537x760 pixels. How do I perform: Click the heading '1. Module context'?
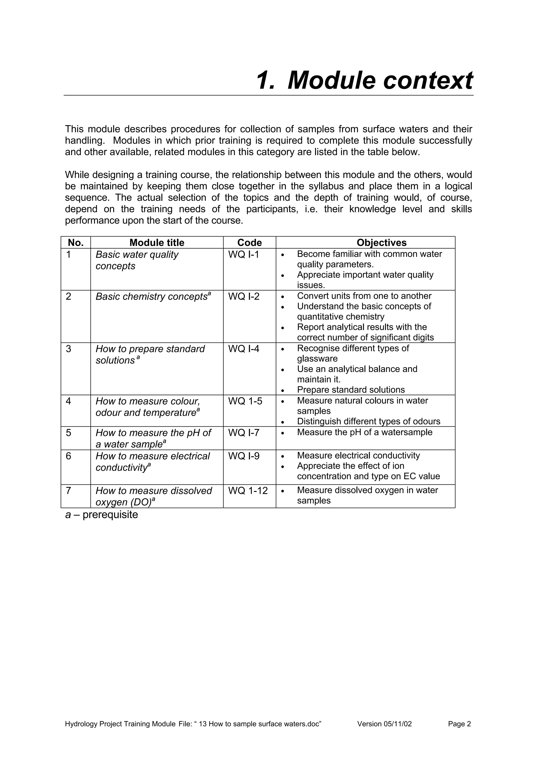pyautogui.click(x=364, y=81)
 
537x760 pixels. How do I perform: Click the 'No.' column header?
pyautogui.click(x=76, y=243)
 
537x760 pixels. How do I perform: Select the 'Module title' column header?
pyautogui.click(x=157, y=243)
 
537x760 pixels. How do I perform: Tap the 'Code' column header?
pyautogui.click(x=249, y=243)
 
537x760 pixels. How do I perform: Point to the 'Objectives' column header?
pyautogui.click(x=382, y=243)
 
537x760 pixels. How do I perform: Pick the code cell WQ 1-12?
pyautogui.click(x=248, y=491)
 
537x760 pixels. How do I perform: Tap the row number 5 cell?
pyautogui.click(x=68, y=433)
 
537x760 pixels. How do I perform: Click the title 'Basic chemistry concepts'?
pyautogui.click(x=152, y=297)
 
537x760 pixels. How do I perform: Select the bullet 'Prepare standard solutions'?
pyautogui.click(x=351, y=390)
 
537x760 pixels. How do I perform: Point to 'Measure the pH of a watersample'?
pyautogui.click(x=365, y=432)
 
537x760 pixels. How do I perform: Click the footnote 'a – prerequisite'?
pyautogui.click(x=101, y=515)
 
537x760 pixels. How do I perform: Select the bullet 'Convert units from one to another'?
pyautogui.click(x=364, y=296)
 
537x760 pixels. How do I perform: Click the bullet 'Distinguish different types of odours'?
pyautogui.click(x=369, y=421)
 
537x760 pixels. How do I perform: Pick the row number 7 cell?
pyautogui.click(x=68, y=491)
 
